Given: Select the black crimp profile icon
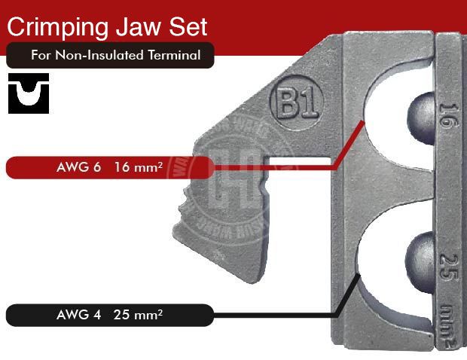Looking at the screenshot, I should point(28,93).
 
